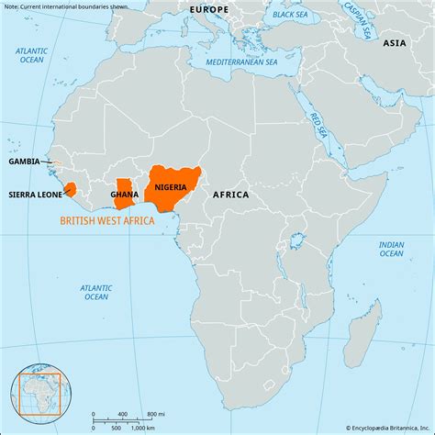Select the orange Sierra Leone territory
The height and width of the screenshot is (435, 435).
[71, 188]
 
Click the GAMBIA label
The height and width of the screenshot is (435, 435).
[24, 161]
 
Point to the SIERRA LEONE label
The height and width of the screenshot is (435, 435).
[36, 195]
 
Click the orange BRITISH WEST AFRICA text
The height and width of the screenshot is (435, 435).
[107, 220]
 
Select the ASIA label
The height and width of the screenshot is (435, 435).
[394, 43]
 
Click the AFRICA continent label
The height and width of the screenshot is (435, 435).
[230, 195]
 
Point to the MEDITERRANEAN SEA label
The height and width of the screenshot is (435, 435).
[240, 61]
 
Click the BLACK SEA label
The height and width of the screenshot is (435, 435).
[289, 15]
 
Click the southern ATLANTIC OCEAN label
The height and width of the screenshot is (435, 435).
[95, 292]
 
